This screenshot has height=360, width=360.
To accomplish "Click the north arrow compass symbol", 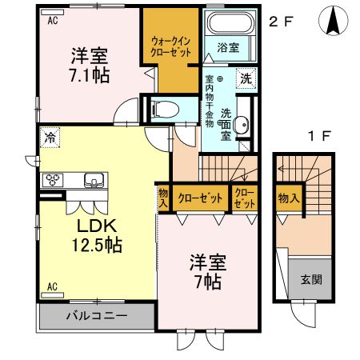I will (332, 20).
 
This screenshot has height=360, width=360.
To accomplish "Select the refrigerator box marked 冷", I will (50, 138).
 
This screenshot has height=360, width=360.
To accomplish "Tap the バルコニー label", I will (97, 316).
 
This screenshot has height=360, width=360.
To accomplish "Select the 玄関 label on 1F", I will (311, 281).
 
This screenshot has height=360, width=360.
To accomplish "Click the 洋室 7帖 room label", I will (206, 272).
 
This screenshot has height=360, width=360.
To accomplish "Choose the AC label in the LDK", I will (51, 286).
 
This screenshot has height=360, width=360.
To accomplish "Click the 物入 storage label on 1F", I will (289, 198).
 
